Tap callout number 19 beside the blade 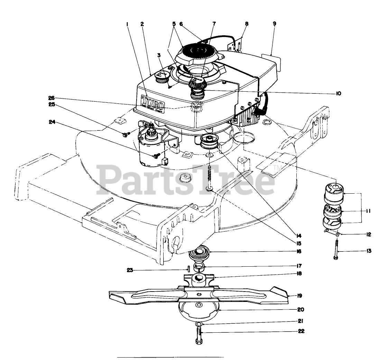(299, 295)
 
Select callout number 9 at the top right (274, 24)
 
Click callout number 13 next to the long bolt (369, 251)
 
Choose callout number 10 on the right (338, 93)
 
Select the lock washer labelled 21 (198, 324)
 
